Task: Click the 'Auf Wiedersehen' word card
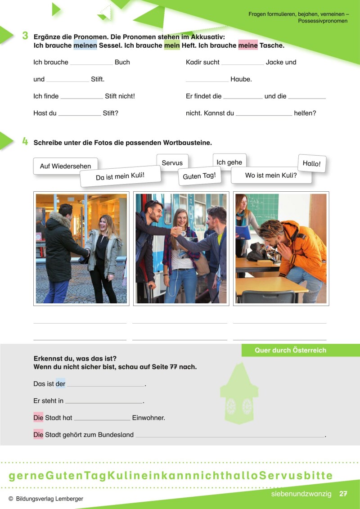point(65,166)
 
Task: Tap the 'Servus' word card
point(172,163)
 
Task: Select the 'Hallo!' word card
point(311,164)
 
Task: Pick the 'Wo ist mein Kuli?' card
point(271,175)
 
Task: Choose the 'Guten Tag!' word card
point(199,176)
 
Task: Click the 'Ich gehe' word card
point(229,162)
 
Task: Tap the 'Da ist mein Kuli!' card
point(120,176)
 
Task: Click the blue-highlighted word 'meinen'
point(85,45)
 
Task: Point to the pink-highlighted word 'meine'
point(248,45)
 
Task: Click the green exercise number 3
point(25,36)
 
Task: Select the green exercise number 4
point(25,142)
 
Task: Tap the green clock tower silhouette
point(239,396)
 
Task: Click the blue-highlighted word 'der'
point(60,384)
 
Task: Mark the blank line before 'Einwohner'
point(102,419)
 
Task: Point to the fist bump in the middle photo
point(176,231)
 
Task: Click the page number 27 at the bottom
point(343,494)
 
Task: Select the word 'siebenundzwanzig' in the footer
point(301,494)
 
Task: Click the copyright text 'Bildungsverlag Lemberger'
point(49,499)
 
